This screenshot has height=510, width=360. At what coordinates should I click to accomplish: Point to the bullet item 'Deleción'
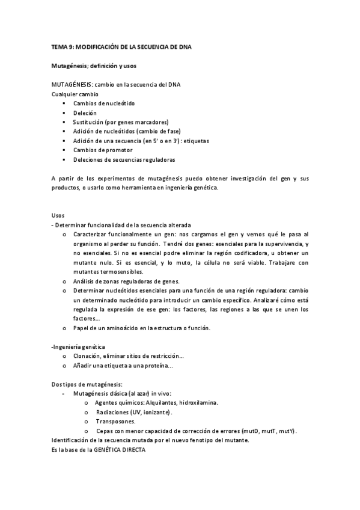click(85, 112)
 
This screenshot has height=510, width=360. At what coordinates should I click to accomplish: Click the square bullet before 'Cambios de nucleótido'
click(63, 103)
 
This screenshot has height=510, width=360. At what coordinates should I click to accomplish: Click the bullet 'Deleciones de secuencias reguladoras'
click(124, 159)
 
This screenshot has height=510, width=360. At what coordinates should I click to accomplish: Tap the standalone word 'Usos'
click(58, 215)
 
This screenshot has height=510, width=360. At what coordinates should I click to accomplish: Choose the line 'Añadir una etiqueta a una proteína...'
click(123, 366)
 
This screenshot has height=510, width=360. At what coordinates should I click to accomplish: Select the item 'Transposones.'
click(115, 422)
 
